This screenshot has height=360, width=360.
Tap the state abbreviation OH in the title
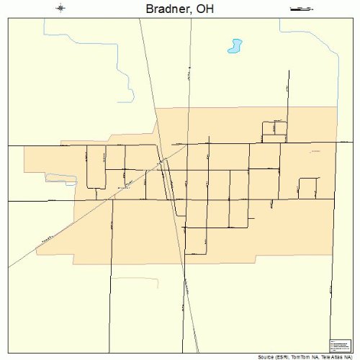click(204, 9)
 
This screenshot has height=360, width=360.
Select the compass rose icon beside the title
click(60, 9)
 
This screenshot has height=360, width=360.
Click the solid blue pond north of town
click(234, 48)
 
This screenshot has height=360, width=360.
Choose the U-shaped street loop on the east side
click(307, 187)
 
